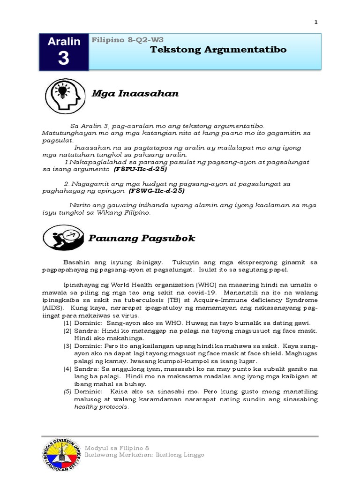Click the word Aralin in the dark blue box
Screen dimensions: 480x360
tap(64, 41)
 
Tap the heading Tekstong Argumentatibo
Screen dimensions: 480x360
tap(218, 49)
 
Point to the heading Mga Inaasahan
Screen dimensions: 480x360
tap(135, 93)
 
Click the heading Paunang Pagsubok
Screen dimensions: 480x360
tap(142, 239)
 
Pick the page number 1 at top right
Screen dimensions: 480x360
tap(316, 22)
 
